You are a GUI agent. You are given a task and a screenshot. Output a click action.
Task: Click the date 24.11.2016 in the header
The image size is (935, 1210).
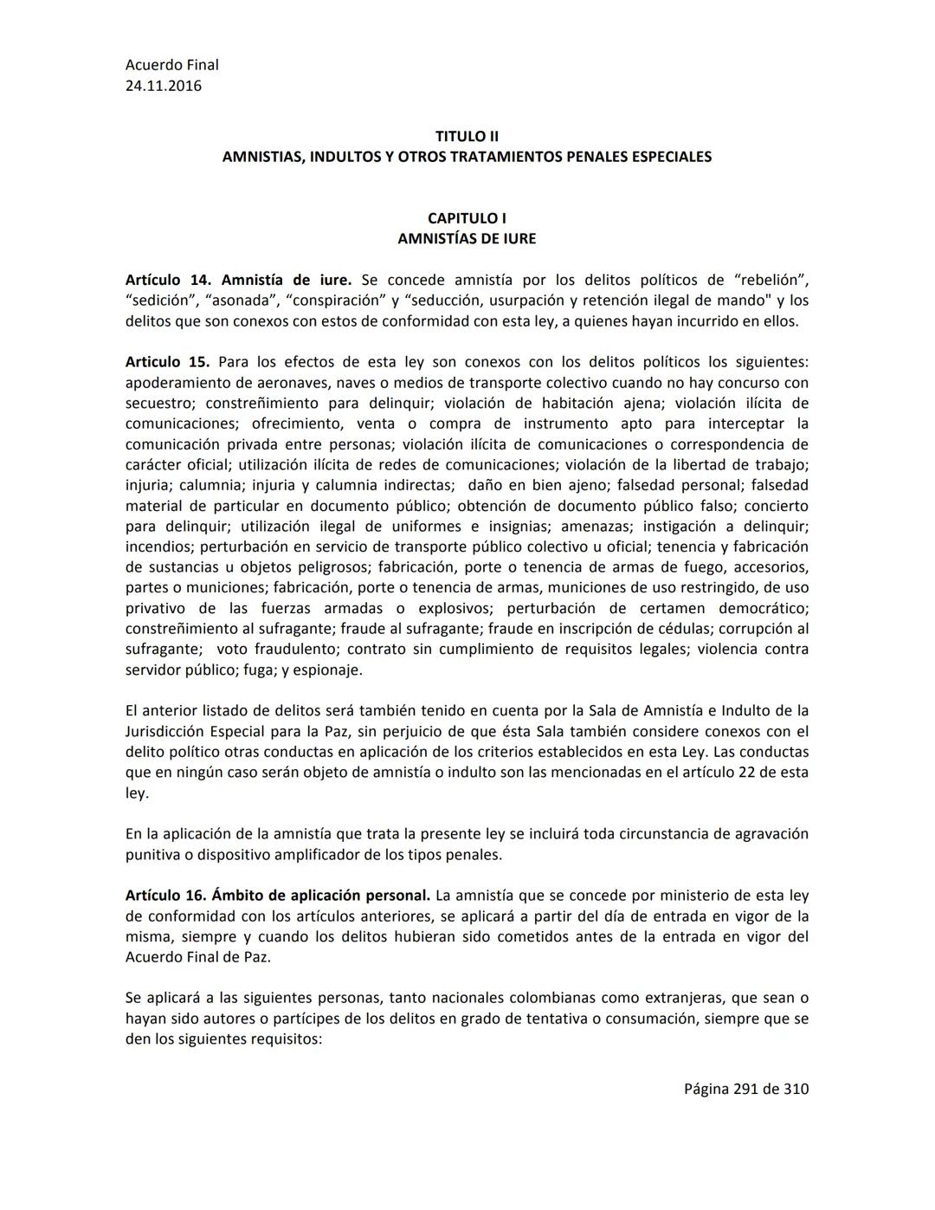click(x=164, y=86)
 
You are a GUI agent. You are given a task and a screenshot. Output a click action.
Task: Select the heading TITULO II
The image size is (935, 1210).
click(x=467, y=136)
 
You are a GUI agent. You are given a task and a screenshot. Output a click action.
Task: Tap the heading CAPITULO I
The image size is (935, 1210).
click(x=467, y=218)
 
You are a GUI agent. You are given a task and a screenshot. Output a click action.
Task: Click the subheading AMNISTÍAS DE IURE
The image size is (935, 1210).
click(x=467, y=238)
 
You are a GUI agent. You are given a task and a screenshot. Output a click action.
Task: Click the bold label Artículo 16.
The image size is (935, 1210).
click(x=165, y=896)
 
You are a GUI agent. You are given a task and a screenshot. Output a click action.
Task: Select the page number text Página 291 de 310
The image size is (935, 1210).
click(x=746, y=1089)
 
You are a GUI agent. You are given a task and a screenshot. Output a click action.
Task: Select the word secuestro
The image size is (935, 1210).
click(x=157, y=403)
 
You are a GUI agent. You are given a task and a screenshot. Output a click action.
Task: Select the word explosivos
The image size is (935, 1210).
click(x=455, y=608)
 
